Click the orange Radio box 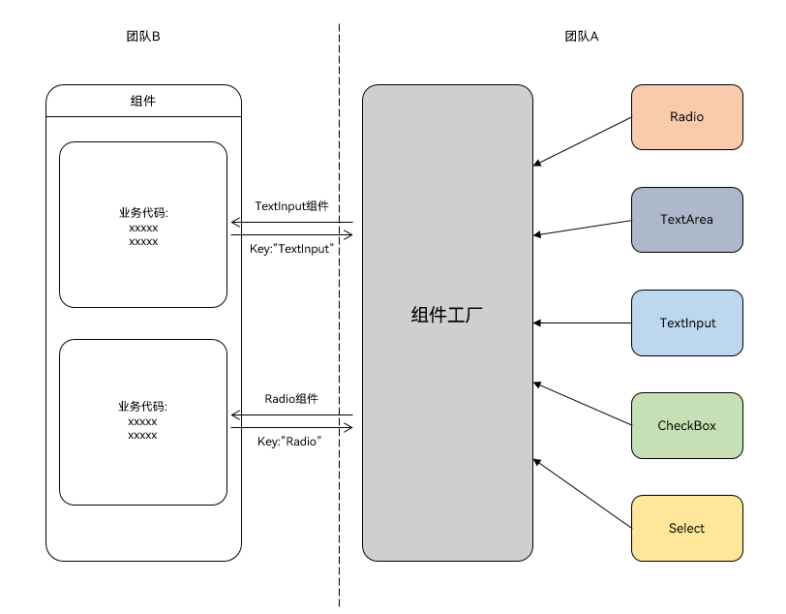[x=686, y=117]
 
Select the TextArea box [x=686, y=220]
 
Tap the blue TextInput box [x=686, y=322]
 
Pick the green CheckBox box [x=686, y=425]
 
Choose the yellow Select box [x=686, y=528]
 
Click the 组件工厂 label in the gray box [x=447, y=315]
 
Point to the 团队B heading [x=143, y=37]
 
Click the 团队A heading [x=582, y=37]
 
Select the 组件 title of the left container [x=143, y=101]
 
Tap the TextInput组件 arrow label [x=291, y=206]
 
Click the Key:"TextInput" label [x=291, y=249]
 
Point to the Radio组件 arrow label [x=291, y=399]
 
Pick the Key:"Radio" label [x=289, y=442]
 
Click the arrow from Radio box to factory [x=582, y=141]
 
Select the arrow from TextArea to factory [x=582, y=228]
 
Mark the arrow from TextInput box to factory [x=582, y=322]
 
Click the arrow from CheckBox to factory [x=582, y=403]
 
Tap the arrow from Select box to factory [x=582, y=494]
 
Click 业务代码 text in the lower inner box [x=143, y=408]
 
